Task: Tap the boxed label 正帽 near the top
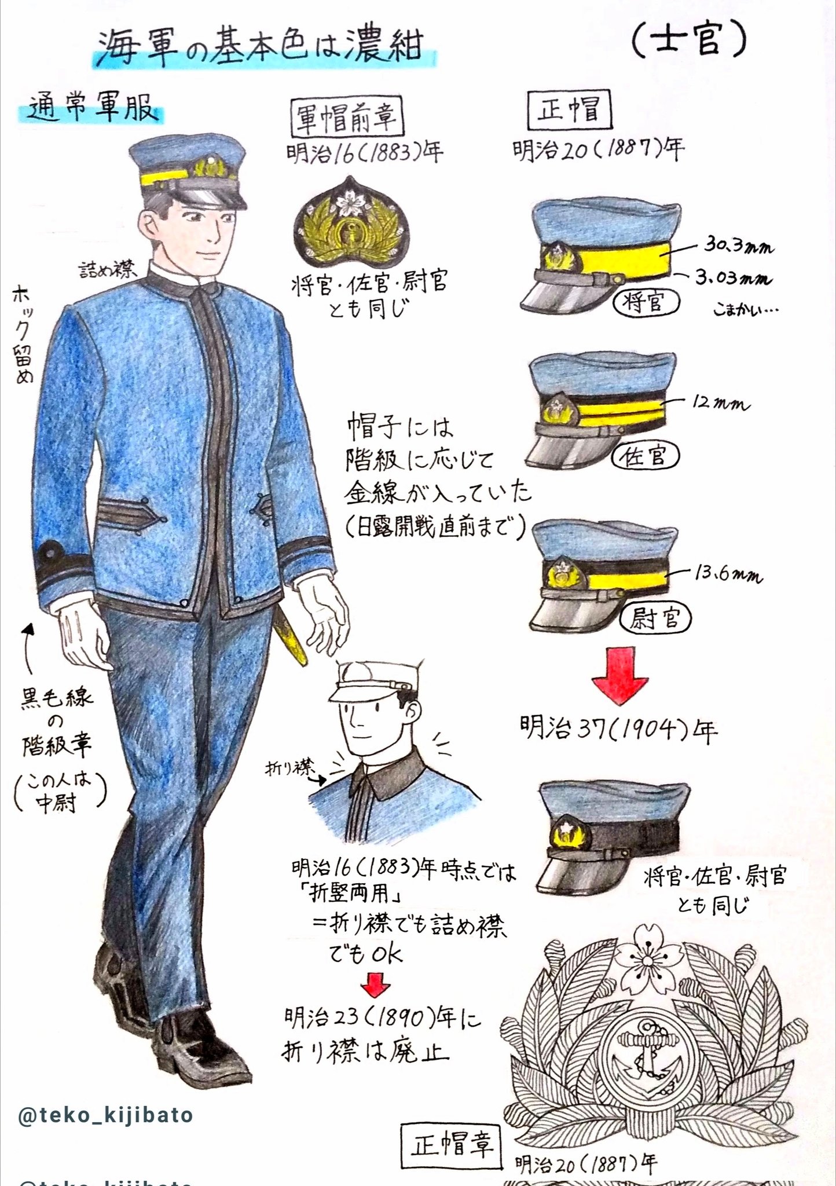point(569,110)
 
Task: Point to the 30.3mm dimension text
point(739,247)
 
